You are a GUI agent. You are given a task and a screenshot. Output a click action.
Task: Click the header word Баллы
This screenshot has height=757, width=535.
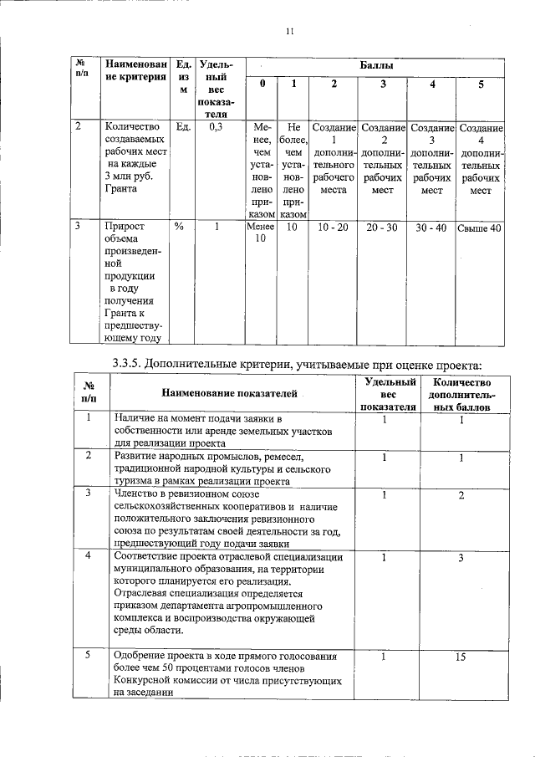[377, 64]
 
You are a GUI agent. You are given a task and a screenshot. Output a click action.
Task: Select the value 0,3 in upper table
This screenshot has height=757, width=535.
[215, 127]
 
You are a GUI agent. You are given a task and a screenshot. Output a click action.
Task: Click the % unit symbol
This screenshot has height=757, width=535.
[178, 227]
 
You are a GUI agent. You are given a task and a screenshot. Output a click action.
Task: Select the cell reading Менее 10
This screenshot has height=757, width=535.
[261, 233]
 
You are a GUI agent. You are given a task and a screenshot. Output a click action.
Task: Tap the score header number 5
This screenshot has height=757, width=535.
[481, 84]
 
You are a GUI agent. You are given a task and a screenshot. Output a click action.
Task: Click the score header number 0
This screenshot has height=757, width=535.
[262, 84]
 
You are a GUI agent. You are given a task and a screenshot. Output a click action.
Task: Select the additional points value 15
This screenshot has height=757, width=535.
[460, 657]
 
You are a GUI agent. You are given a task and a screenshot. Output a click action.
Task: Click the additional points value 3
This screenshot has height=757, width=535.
[460, 557]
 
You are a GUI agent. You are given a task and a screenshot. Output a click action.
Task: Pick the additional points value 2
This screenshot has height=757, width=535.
[460, 496]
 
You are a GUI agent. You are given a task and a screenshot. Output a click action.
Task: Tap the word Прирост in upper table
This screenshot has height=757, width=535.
[124, 227]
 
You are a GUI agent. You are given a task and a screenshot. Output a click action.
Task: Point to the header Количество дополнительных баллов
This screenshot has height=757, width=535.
[461, 394]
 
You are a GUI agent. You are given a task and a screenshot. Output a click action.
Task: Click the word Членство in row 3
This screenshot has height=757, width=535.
[138, 494]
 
